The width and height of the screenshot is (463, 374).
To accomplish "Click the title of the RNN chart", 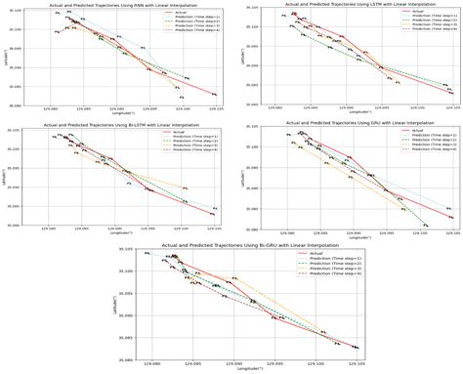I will pyautogui.click(x=123, y=5).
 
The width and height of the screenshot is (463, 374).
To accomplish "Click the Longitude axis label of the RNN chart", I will pyautogui.click(x=123, y=113).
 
